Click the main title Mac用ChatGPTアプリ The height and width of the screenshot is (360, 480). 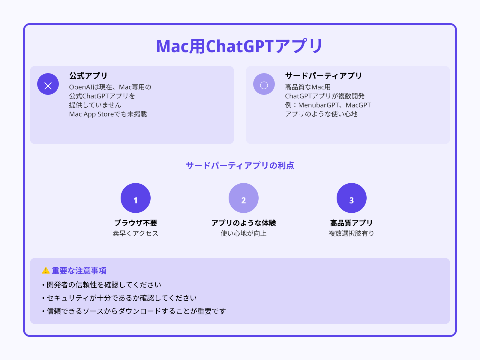[239, 46]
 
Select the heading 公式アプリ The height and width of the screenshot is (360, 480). [88, 76]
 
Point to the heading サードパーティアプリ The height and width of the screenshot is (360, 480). [323, 76]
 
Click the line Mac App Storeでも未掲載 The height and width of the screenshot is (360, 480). [108, 114]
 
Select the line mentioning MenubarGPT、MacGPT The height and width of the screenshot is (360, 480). [328, 105]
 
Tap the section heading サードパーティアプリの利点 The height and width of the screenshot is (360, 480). [240, 165]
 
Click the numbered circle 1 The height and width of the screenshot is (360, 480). [136, 198]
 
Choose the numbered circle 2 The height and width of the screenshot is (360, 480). [244, 198]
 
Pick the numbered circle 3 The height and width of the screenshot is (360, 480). [352, 198]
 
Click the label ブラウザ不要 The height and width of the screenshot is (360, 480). [136, 223]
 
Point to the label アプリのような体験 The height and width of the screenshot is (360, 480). [244, 223]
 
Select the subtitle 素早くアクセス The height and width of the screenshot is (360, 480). [136, 233]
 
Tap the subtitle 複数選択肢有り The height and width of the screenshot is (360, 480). [351, 233]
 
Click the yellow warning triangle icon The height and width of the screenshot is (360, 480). [46, 270]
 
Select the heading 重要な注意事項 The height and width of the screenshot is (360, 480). [79, 271]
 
